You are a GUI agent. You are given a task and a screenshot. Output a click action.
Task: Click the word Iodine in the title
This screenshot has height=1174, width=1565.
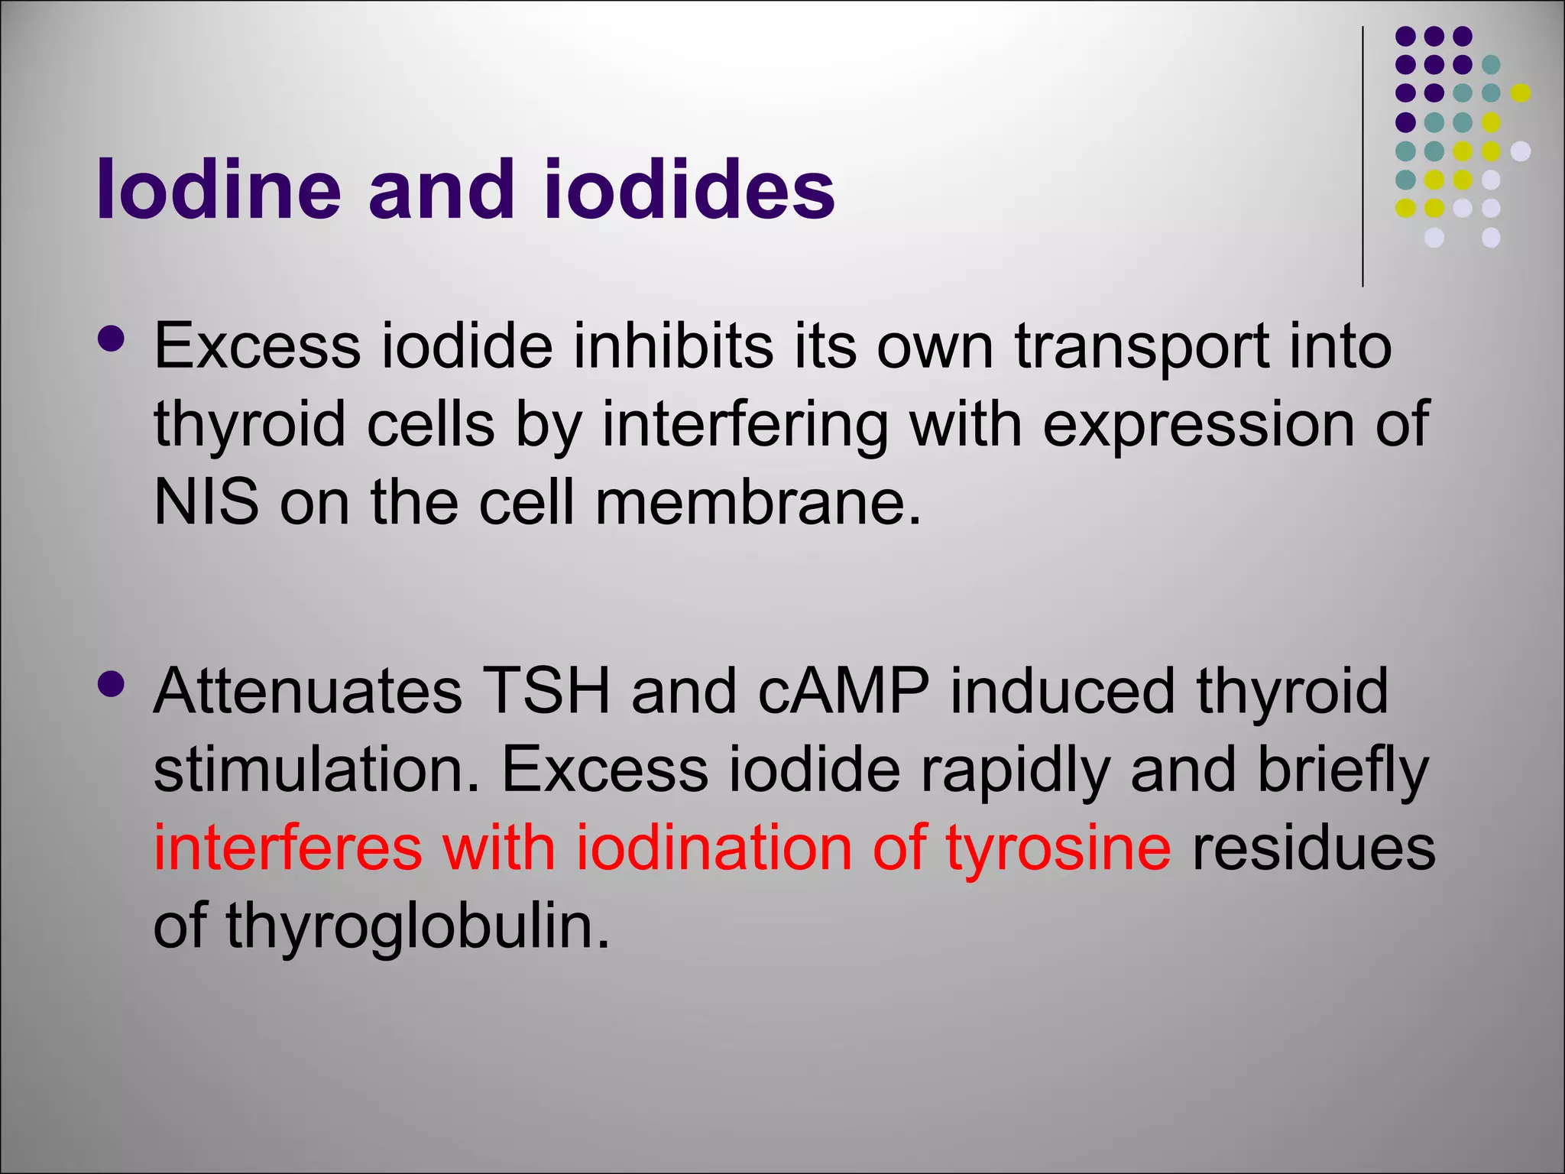[x=219, y=189]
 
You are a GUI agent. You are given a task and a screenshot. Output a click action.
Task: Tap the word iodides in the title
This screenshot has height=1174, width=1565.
[x=689, y=189]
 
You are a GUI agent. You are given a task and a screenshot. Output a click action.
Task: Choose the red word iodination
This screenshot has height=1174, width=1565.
[x=713, y=848]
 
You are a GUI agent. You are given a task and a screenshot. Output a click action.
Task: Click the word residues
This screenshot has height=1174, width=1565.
[x=1314, y=848]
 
